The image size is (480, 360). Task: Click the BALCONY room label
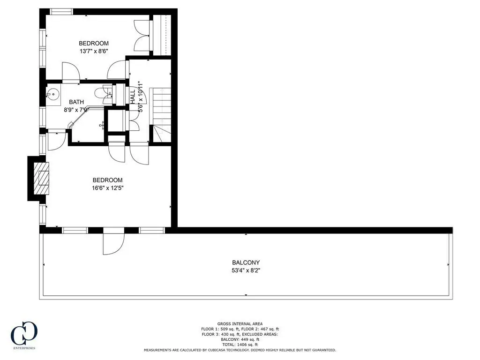coord(246,262)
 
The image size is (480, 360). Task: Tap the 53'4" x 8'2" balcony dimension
coord(246,270)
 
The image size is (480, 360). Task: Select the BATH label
coord(76,102)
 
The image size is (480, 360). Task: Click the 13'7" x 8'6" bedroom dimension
coord(94,51)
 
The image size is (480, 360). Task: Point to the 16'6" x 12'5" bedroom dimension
coord(107,188)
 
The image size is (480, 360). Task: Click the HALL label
coord(133,97)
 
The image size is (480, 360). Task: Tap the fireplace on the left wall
coord(38,178)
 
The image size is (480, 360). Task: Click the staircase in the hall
coord(160,115)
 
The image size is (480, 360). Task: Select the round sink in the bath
coord(53,94)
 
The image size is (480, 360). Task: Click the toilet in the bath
coord(104,94)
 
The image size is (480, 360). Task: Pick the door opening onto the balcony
coord(113,241)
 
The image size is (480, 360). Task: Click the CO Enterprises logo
coord(24,335)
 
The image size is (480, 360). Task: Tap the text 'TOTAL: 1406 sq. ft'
coord(240,345)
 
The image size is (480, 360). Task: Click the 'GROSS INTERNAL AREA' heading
coord(240,324)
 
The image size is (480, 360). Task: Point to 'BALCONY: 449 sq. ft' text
coord(240,339)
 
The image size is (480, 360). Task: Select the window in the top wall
coord(61,12)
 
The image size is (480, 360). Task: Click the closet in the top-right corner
coord(162,35)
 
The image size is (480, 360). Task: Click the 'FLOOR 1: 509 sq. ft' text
coord(220,329)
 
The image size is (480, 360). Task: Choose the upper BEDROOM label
coord(94,44)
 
